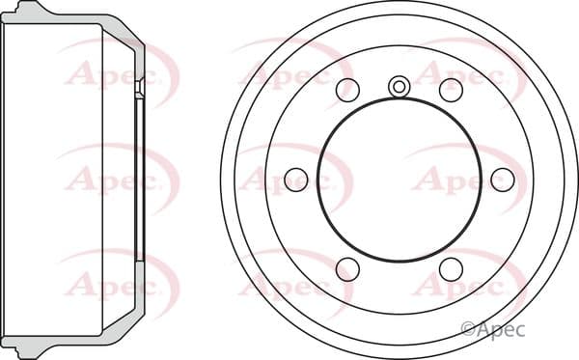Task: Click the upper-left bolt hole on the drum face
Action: pyautogui.click(x=347, y=90)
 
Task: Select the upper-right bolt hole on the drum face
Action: pyautogui.click(x=451, y=90)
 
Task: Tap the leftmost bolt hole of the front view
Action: pyautogui.click(x=296, y=180)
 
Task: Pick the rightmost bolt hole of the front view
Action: pyautogui.click(x=503, y=180)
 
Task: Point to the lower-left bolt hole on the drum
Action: pyautogui.click(x=347, y=269)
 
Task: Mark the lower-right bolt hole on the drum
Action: pyautogui.click(x=451, y=269)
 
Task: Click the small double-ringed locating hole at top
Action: pyautogui.click(x=400, y=87)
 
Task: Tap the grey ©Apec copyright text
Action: pyautogui.click(x=493, y=329)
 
